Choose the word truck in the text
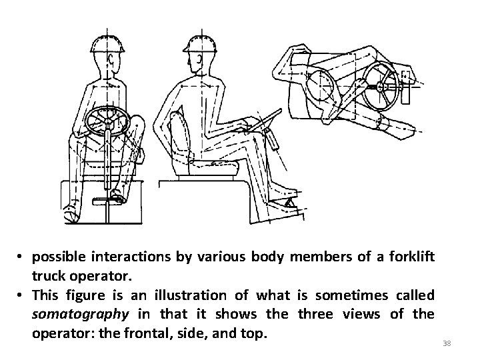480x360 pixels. coord(48,275)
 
